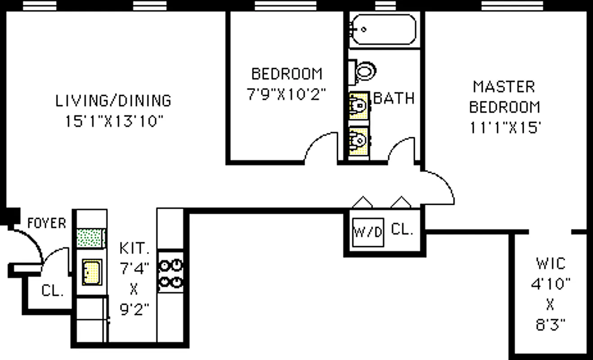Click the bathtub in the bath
[x=383, y=29]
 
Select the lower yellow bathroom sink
[x=359, y=141]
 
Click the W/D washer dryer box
[x=368, y=232]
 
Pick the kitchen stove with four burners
[x=171, y=273]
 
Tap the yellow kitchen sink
[x=91, y=272]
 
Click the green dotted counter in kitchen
[x=91, y=238]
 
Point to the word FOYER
[x=46, y=223]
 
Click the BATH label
[x=394, y=98]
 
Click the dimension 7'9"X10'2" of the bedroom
[x=287, y=94]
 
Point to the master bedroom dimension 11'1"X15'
[x=505, y=128]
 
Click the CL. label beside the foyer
[x=53, y=291]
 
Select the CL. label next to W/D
[x=402, y=229]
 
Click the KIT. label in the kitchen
[x=134, y=248]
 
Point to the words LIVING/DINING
[x=113, y=100]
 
